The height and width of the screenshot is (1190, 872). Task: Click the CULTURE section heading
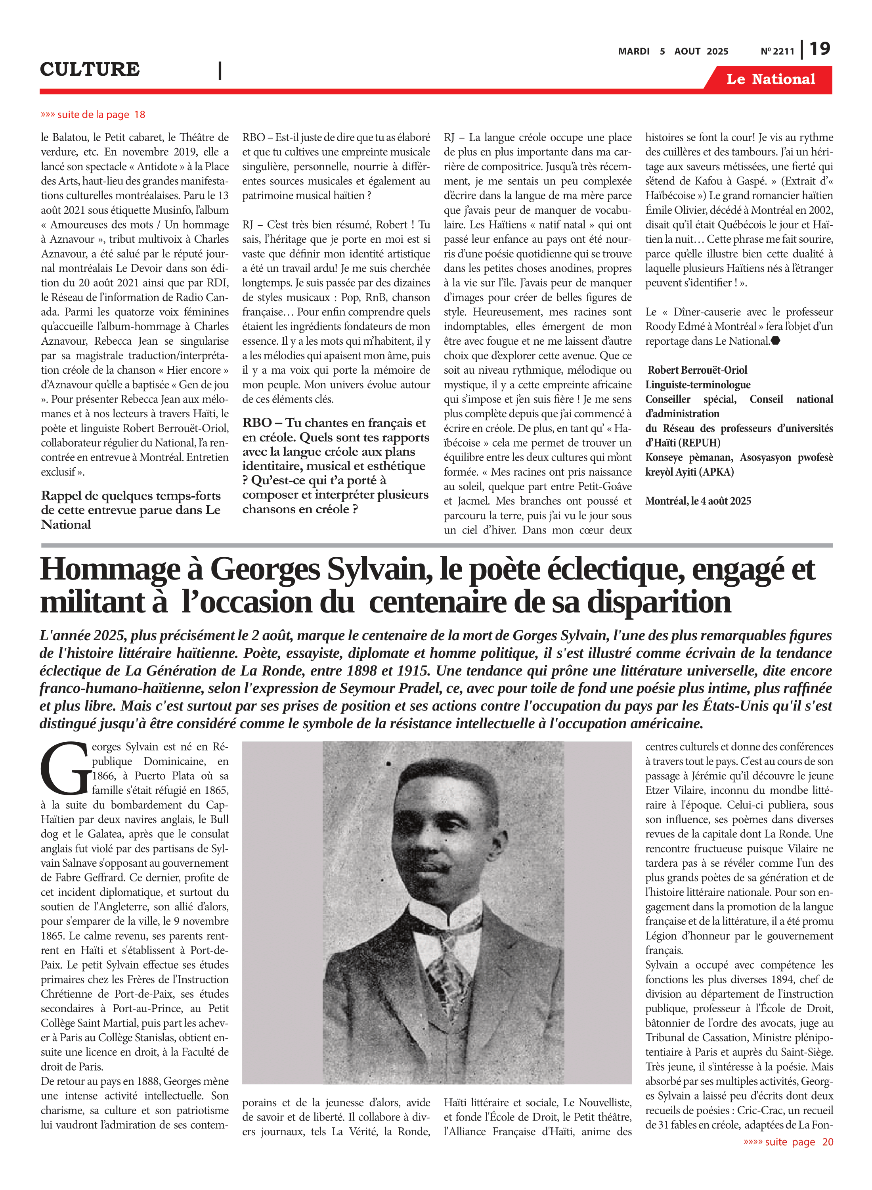[90, 69]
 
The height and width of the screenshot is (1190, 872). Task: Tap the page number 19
[819, 49]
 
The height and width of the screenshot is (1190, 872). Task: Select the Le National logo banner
[770, 79]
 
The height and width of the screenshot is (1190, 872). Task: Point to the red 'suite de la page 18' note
[93, 115]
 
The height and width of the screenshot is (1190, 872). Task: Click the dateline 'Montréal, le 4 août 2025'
[698, 501]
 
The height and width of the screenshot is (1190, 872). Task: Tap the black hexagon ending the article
[775, 341]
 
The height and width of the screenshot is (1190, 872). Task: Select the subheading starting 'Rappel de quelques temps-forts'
[131, 510]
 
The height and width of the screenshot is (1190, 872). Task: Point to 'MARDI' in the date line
[633, 51]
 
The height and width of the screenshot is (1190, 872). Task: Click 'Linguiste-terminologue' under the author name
[698, 384]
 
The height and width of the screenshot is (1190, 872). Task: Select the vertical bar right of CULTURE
[220, 70]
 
